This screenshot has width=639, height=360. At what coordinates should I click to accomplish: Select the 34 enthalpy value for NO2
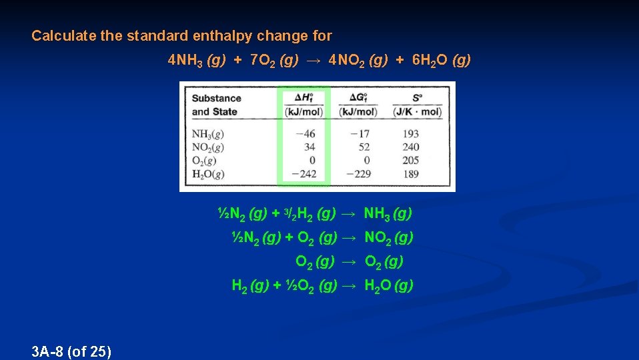(x=309, y=147)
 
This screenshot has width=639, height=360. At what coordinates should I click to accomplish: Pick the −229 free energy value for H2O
(x=358, y=173)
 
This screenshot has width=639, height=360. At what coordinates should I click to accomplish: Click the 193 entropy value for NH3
(x=411, y=134)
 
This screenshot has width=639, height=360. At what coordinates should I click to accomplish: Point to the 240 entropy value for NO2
(x=411, y=147)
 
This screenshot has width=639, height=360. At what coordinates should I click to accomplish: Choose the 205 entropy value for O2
(x=411, y=160)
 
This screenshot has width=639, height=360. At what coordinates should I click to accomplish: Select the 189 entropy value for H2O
(x=411, y=173)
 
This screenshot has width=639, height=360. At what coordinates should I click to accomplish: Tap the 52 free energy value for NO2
(x=364, y=147)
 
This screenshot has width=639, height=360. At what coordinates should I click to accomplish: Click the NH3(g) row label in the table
(x=207, y=134)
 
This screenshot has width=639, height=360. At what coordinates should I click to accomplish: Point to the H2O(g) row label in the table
(x=208, y=174)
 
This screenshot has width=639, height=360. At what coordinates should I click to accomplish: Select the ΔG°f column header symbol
(x=358, y=97)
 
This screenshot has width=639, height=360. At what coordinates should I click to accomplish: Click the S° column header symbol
(x=417, y=97)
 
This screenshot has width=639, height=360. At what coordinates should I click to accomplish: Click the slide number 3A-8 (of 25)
(x=71, y=351)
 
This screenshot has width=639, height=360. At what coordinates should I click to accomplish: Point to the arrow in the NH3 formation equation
(x=349, y=214)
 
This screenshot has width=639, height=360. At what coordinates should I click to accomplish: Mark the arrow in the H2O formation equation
(x=349, y=286)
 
